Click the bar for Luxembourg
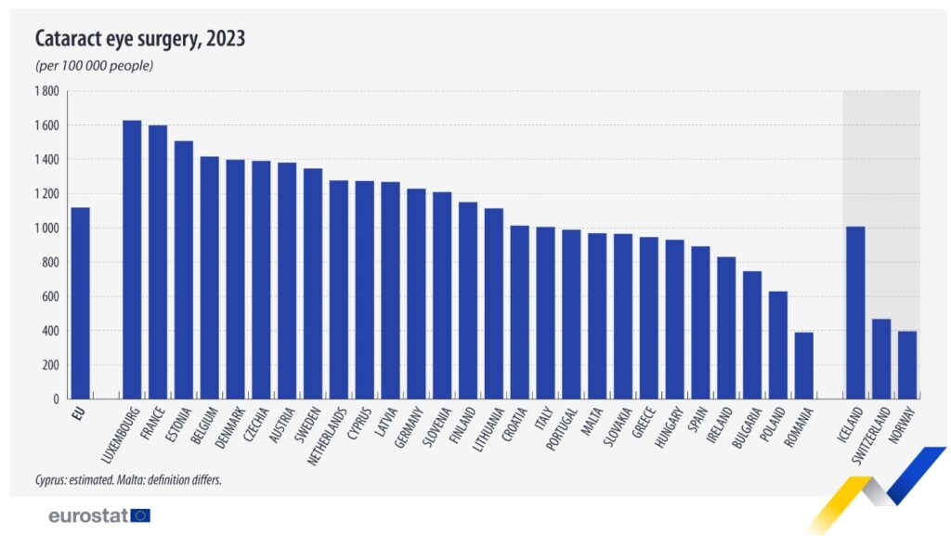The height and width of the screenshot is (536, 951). point(132,260)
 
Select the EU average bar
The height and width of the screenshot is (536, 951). point(81,303)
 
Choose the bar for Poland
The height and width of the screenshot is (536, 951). point(777,345)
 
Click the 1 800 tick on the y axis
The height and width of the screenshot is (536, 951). point(46,91)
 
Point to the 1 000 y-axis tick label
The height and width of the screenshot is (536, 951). point(46,229)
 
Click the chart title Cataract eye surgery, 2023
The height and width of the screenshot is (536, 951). point(140,39)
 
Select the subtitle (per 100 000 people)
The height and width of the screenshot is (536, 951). point(94,66)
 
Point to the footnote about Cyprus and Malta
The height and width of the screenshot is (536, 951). point(128,479)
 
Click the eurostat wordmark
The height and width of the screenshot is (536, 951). point(88,515)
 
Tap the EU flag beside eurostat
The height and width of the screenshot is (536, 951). point(140,515)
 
